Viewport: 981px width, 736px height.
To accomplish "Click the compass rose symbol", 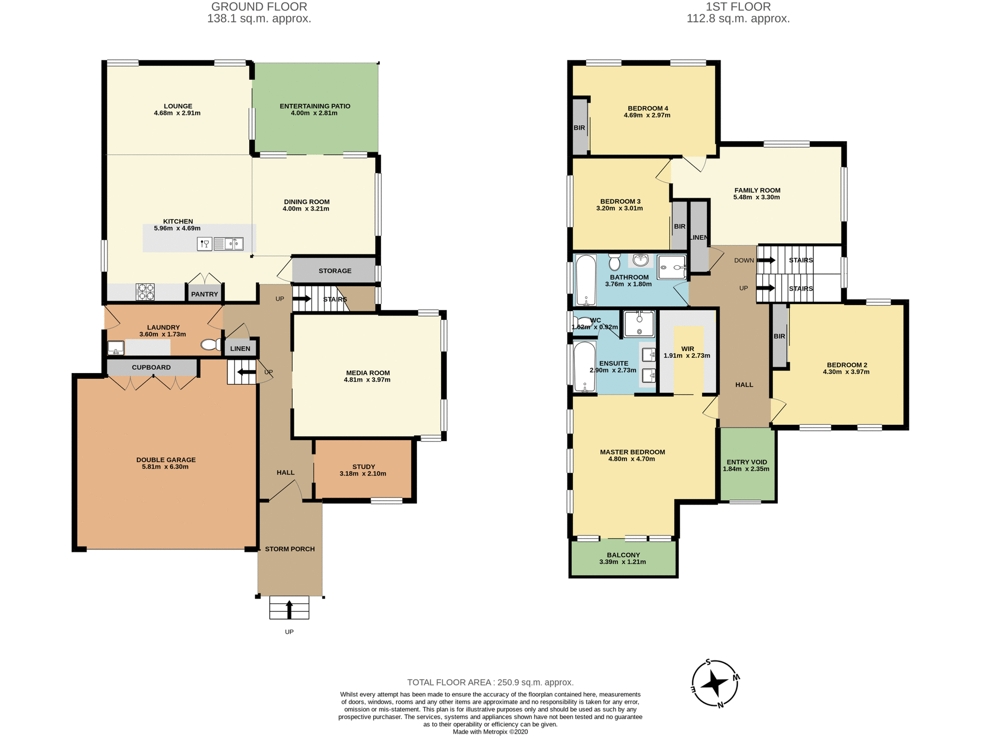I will [x=715, y=683].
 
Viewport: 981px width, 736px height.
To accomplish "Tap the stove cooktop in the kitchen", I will [x=145, y=292].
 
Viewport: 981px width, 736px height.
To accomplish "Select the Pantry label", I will [x=204, y=294].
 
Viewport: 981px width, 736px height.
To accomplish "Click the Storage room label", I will [x=335, y=271].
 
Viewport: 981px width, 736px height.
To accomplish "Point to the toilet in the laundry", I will [x=211, y=345].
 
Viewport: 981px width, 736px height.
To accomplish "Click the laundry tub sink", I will [x=116, y=348].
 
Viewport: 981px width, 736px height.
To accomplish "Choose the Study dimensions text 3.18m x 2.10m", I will [x=363, y=474].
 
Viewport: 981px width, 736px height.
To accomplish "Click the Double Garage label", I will [x=166, y=460].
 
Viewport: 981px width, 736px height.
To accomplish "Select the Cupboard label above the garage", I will [x=151, y=367].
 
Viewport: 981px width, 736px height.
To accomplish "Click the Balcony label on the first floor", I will [x=623, y=555].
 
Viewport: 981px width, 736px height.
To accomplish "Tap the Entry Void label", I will [x=746, y=462].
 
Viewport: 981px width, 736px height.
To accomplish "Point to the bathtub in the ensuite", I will [x=585, y=366].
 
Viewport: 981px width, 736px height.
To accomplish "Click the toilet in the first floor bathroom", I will [x=615, y=262].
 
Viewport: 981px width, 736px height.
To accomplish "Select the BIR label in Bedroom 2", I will [x=779, y=336].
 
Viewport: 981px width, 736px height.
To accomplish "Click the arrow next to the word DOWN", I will [x=766, y=260].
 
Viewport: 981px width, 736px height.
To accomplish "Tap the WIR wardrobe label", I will [x=687, y=349].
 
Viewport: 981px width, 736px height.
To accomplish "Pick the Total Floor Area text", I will [x=490, y=682].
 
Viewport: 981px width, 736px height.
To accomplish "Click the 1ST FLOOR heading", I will [x=738, y=7].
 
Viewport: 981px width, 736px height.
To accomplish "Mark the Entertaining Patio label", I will [x=315, y=106].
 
